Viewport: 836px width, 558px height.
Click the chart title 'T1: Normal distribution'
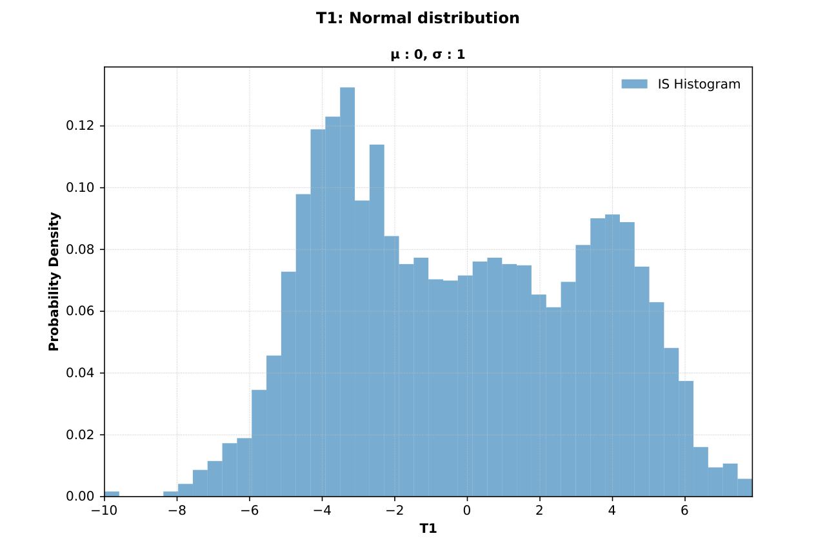tap(417, 18)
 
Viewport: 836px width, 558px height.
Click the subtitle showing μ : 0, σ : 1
tap(428, 55)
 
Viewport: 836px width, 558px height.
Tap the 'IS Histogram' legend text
tap(699, 84)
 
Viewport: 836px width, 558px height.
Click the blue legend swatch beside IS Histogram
tap(634, 84)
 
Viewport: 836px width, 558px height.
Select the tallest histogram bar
tap(347, 291)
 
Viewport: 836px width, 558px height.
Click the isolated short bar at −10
tap(112, 494)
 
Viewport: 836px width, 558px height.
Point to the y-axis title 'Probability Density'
tap(54, 282)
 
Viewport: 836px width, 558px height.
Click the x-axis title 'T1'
tap(428, 528)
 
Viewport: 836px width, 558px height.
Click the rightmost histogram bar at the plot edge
tap(744, 488)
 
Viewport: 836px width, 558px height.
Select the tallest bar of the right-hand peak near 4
tap(612, 355)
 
